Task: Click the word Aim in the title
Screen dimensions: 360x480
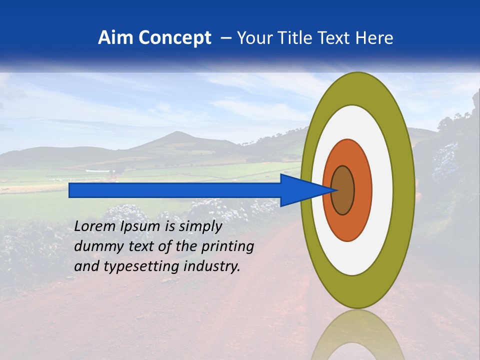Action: (116, 38)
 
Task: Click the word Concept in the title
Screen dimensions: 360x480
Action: (175, 38)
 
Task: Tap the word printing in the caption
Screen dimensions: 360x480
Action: (227, 247)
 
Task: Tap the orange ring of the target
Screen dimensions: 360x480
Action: (362, 190)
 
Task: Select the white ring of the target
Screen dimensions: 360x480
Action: (382, 190)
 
